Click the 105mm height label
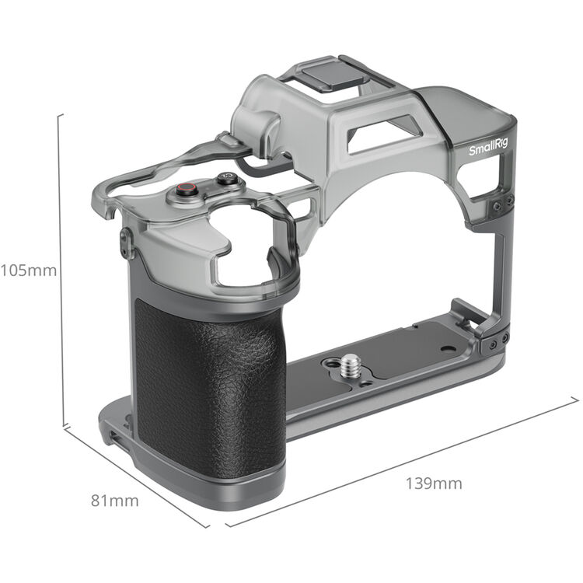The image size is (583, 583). [29, 271]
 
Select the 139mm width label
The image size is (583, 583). [433, 484]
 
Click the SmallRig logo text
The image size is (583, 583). [487, 148]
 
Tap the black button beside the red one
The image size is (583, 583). [226, 178]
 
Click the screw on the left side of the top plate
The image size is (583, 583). [125, 243]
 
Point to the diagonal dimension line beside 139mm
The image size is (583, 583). [404, 463]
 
